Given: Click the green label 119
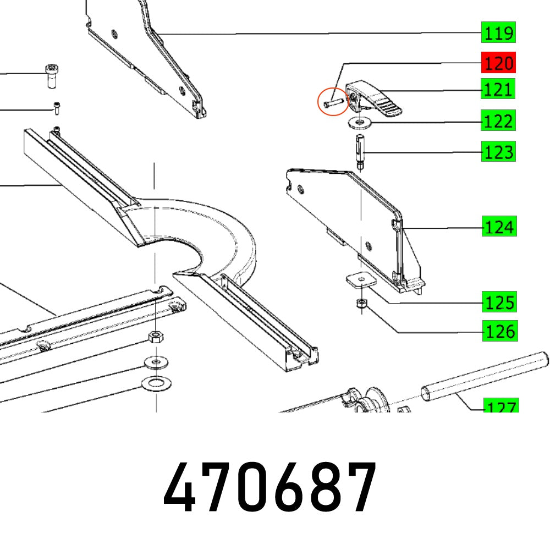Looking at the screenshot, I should (x=498, y=34).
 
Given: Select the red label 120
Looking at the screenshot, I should (x=498, y=64).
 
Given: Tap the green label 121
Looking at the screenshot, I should (x=498, y=89).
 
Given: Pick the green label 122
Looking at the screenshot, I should (x=498, y=120).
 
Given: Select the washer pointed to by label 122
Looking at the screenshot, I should (x=359, y=122).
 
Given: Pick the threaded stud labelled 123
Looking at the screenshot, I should (x=360, y=151).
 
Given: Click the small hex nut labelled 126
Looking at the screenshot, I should (x=361, y=303).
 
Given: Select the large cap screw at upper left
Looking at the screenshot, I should (x=52, y=75).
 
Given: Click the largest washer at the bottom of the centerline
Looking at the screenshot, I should (x=156, y=382).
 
